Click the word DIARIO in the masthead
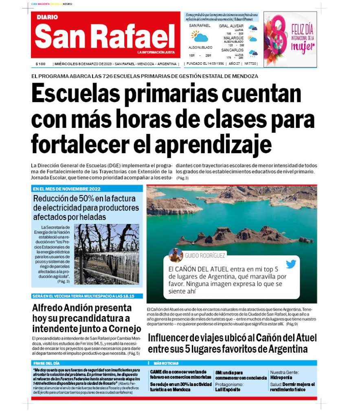click(47, 18)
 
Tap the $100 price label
click(40, 64)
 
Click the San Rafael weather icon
click(200, 37)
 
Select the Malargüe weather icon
click(253, 39)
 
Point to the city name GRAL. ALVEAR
click(231, 26)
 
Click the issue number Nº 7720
click(250, 64)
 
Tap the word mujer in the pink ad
click(303, 46)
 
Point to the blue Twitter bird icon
click(291, 264)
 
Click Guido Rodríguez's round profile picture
click(176, 255)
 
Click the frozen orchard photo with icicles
click(107, 254)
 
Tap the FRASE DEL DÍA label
click(46, 363)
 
